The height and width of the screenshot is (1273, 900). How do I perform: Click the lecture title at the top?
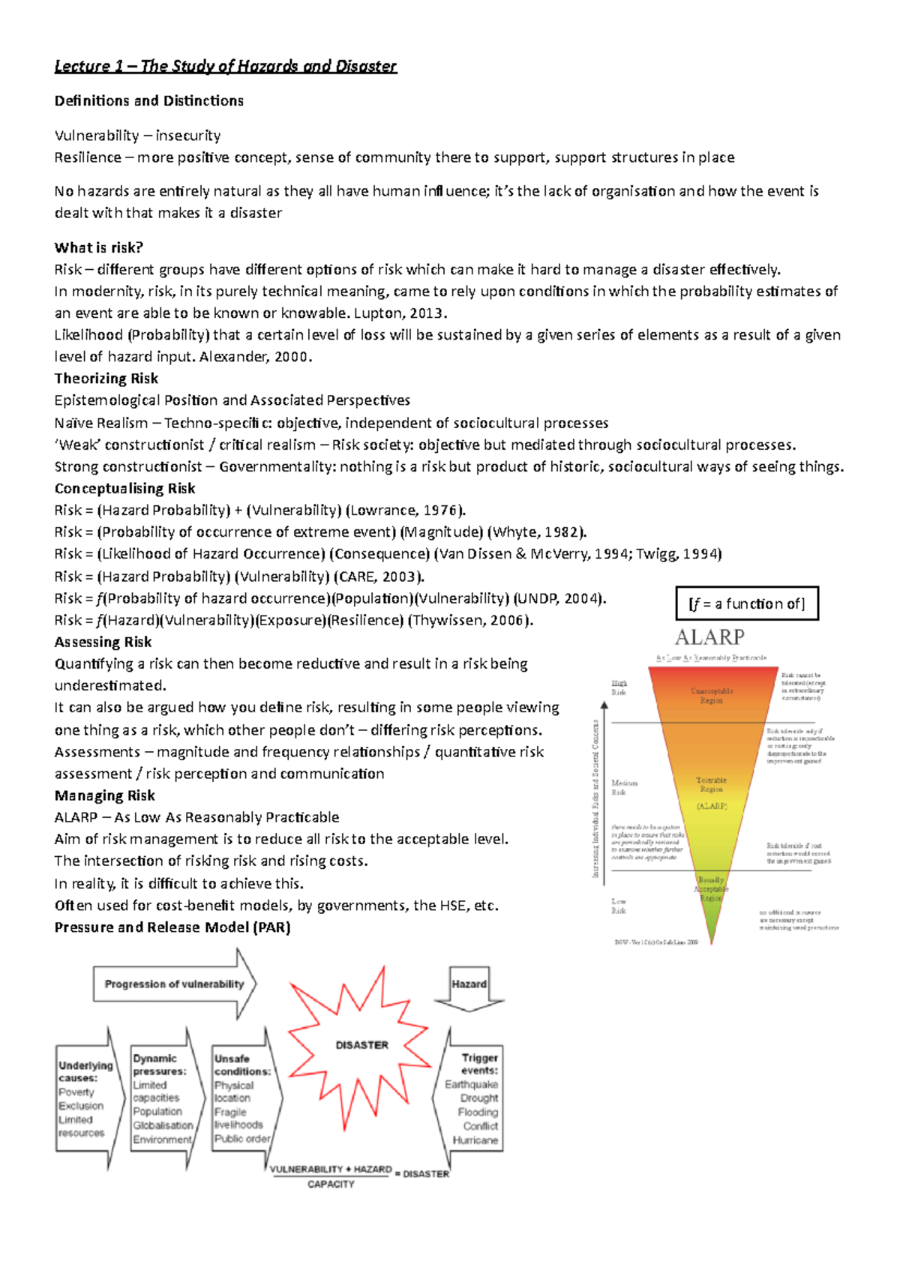point(225,66)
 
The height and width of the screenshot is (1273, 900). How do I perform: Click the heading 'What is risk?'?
point(98,247)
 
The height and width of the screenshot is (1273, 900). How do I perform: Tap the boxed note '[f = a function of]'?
point(746,604)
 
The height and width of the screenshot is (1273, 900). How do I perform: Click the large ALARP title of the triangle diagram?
point(709,637)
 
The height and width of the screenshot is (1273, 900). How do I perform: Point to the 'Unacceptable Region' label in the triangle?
point(711,695)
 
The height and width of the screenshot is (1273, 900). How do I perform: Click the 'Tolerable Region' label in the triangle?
point(711,784)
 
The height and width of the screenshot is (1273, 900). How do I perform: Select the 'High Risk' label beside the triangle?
point(619,687)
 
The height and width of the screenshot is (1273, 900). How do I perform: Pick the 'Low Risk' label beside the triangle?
point(618,906)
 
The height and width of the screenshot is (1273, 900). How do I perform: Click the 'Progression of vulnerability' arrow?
point(174,984)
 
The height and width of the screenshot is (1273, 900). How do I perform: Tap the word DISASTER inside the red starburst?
point(361,1044)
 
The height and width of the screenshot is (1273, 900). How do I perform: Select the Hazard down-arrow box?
point(469,985)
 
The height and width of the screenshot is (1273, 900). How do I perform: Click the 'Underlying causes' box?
point(85,1098)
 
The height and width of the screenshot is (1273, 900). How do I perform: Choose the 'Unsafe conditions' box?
point(241,1098)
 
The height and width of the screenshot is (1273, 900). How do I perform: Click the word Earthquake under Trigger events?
point(471,1084)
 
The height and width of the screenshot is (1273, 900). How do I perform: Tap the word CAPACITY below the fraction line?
point(331,1185)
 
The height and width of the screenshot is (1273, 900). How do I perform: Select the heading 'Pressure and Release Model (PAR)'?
point(172,927)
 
